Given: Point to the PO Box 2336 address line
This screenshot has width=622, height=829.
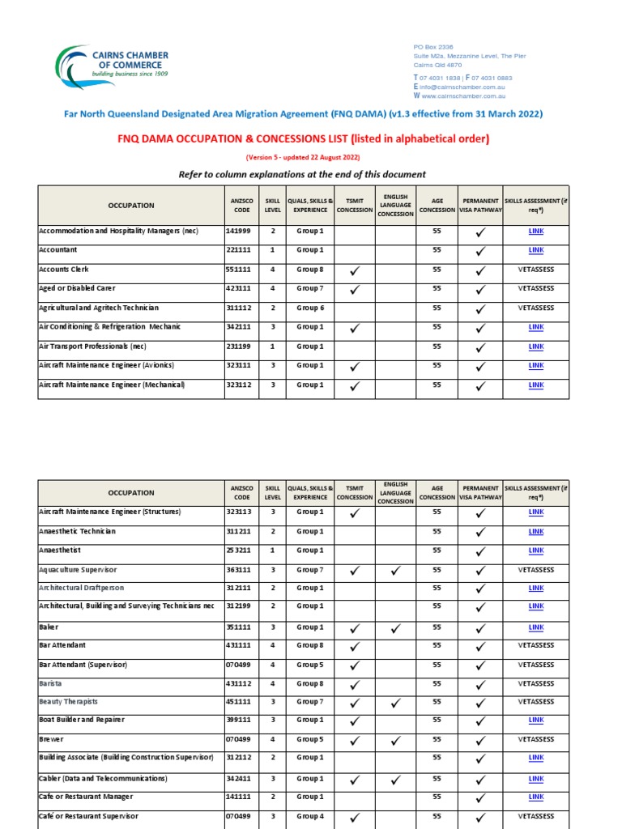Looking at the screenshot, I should [x=433, y=47].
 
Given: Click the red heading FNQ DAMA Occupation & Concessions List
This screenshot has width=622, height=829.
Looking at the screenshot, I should [x=304, y=138].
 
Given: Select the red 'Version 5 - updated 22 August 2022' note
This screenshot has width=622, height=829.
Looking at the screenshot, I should [x=303, y=157].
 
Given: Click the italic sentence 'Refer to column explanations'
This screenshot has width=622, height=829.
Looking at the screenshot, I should [x=301, y=174].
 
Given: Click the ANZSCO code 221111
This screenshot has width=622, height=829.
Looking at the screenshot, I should [x=237, y=250].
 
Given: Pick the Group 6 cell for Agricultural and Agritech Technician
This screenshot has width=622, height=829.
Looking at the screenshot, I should [x=309, y=308].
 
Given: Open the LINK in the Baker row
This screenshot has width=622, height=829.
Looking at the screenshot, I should [x=535, y=627].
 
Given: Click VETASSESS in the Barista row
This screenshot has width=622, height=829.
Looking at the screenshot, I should [x=535, y=683].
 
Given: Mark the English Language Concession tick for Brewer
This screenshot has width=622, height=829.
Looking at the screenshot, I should [x=395, y=740].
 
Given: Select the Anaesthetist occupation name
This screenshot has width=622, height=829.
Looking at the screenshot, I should [x=60, y=551].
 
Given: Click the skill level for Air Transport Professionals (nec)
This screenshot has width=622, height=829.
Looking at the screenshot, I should [x=273, y=346].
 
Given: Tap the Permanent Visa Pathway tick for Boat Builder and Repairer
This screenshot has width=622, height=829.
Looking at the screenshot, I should [x=480, y=721].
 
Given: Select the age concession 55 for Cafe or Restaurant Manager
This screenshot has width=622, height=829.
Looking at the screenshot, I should [x=437, y=797].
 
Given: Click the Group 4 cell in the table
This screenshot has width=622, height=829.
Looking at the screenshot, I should [x=309, y=816].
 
